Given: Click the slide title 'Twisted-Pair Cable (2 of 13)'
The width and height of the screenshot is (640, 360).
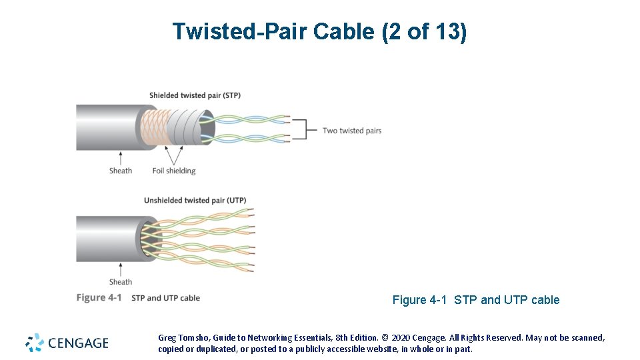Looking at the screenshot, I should pyautogui.click(x=319, y=32).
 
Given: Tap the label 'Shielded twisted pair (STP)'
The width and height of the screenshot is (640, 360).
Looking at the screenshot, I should pyautogui.click(x=195, y=95).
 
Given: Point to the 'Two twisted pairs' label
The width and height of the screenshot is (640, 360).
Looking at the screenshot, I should pyautogui.click(x=352, y=131).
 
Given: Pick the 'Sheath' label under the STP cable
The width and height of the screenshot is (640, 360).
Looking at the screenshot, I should pyautogui.click(x=121, y=171).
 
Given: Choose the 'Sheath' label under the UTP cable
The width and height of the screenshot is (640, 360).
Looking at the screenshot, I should pyautogui.click(x=121, y=281).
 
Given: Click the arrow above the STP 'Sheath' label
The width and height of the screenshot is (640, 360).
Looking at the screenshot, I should pyautogui.click(x=121, y=157).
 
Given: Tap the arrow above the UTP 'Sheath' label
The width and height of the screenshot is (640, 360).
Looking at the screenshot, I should pyautogui.click(x=121, y=268).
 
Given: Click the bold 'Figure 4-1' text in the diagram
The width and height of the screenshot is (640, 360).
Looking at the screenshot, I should pyautogui.click(x=99, y=297).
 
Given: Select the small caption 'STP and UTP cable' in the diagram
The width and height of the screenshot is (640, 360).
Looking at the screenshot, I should pyautogui.click(x=165, y=298).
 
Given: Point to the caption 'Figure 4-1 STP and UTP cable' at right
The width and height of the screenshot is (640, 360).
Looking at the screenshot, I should pyautogui.click(x=475, y=300).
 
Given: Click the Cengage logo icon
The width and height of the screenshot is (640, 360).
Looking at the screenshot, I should pyautogui.click(x=35, y=343).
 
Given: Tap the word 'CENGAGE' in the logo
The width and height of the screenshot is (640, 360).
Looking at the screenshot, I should pyautogui.click(x=78, y=343).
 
